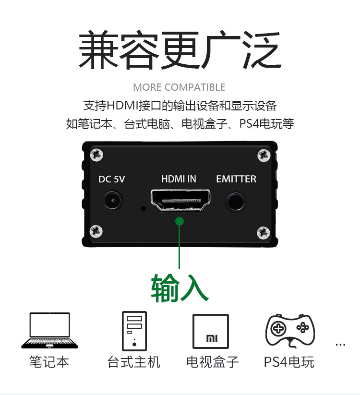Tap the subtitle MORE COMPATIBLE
click(x=179, y=87)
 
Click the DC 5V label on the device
click(x=111, y=179)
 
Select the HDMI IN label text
click(x=179, y=179)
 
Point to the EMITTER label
click(x=236, y=179)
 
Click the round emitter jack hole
click(x=236, y=201)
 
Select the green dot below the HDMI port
click(x=180, y=221)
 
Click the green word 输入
click(x=180, y=288)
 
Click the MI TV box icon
click(x=211, y=331)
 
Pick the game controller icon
click(x=290, y=329)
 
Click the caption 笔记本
click(x=49, y=361)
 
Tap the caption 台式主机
click(x=134, y=361)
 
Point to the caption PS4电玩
click(x=289, y=361)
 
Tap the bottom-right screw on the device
click(x=263, y=233)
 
